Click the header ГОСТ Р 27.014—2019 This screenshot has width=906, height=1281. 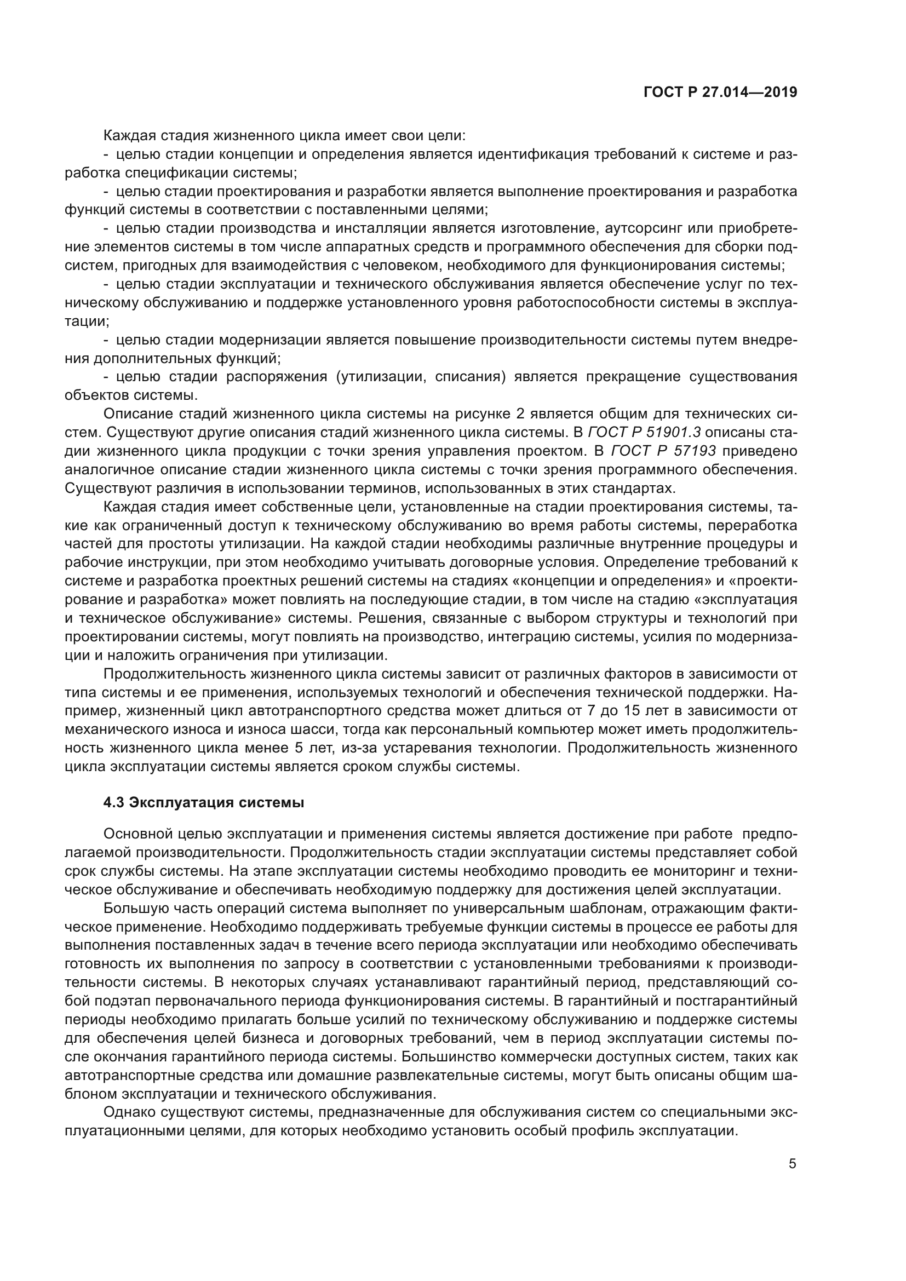tap(720, 92)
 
